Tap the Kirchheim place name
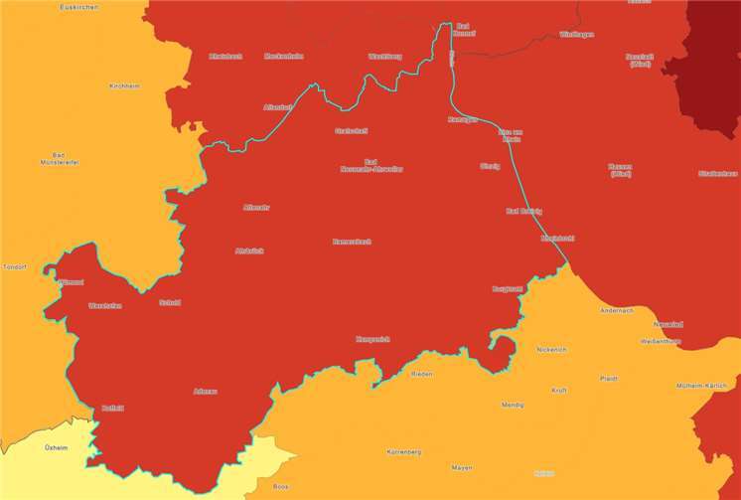point(124,86)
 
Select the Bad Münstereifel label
point(59,158)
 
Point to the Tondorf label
point(14,267)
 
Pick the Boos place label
point(280,486)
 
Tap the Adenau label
point(204,391)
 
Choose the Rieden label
point(422,374)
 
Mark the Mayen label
point(462,466)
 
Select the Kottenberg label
point(404,451)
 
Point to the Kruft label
point(558,390)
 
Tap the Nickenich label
point(551,350)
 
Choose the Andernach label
point(616,310)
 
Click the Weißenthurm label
point(661,341)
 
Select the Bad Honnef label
point(465,29)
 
